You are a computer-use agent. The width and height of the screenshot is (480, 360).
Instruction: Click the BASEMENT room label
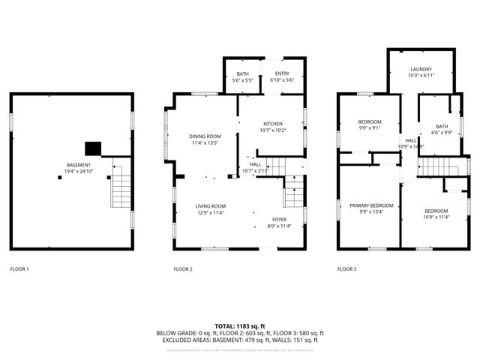pos(78,165)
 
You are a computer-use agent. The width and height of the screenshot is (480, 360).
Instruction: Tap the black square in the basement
pos(94,148)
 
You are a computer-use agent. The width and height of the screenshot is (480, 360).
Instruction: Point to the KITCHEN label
pos(271,124)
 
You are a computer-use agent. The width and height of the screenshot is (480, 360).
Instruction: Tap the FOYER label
pos(279,219)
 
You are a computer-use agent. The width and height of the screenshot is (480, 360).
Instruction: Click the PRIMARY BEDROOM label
pos(371,205)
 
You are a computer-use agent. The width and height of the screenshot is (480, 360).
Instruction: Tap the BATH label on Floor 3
pos(442,126)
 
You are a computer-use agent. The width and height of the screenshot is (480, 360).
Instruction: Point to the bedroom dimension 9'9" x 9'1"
pos(369,127)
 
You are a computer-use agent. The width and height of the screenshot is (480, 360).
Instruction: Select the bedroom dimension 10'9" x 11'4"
pos(436,217)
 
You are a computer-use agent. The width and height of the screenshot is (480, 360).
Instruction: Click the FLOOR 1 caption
pos(19,268)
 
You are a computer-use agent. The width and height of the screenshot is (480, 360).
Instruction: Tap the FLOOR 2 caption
pos(183,268)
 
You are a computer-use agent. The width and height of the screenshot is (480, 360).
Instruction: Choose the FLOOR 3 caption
pos(346,268)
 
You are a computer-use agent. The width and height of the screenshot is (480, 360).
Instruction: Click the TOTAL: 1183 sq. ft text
pos(240,325)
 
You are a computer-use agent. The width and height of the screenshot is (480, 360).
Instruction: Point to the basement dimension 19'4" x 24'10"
pos(78,171)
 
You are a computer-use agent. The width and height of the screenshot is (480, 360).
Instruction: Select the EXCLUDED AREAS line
pos(240,340)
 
